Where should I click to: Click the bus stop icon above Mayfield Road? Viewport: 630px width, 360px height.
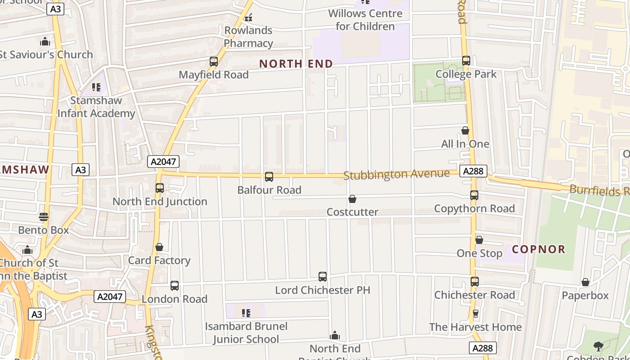214,62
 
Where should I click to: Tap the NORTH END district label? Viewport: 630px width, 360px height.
296,64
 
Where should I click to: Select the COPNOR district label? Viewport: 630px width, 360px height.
539,249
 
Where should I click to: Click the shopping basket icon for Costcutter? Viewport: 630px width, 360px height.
352,199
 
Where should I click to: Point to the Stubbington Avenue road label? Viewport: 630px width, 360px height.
396,174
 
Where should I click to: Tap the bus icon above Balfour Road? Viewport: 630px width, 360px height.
269,177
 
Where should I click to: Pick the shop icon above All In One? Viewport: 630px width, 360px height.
465,131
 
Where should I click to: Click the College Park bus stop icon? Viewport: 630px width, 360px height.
466,61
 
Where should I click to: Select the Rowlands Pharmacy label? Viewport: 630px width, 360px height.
248,37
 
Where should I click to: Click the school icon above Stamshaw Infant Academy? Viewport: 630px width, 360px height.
96,87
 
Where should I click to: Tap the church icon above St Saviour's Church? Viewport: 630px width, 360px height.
45,42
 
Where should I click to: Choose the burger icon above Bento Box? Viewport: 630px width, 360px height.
44,217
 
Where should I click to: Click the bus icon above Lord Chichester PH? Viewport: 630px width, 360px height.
323,277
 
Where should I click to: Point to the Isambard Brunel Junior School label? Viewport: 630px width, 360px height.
246,333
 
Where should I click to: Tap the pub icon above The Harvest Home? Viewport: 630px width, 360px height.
475,314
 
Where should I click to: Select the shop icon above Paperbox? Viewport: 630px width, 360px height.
585,283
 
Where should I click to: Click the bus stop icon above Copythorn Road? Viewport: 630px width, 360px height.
474,195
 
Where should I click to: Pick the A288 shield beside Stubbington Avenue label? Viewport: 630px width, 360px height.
473,171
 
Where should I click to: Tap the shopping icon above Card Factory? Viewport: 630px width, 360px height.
159,247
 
